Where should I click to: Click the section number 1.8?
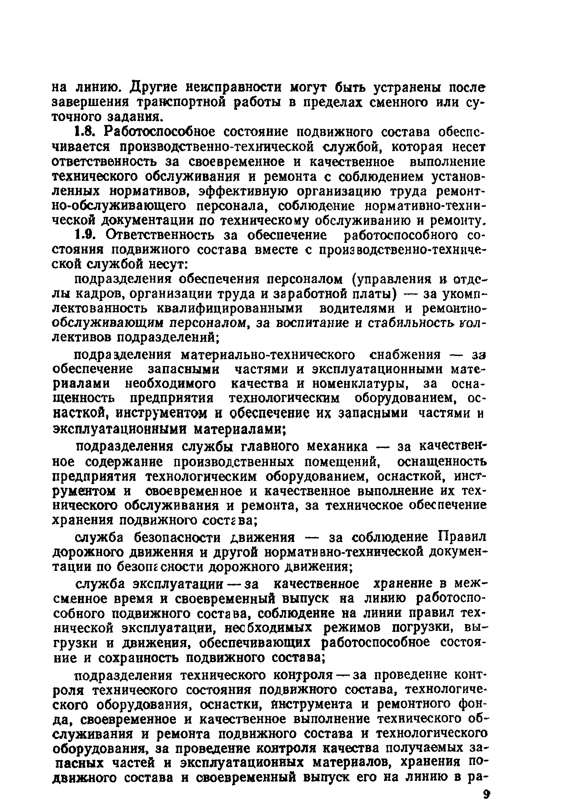tap(84, 132)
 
